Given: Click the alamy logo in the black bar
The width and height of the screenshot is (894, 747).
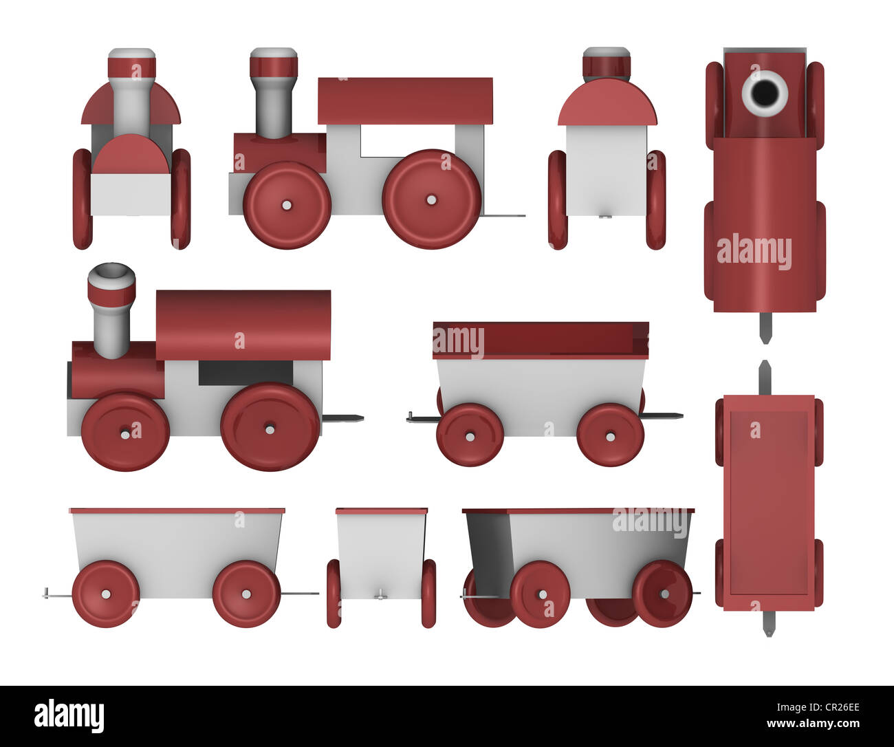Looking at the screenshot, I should click(69, 715).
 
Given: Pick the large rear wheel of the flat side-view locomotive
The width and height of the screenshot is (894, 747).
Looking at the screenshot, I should click(431, 199).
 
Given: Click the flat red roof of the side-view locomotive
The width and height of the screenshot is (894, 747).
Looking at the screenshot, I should click(405, 100).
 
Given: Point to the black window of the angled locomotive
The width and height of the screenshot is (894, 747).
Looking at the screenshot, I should click(246, 373).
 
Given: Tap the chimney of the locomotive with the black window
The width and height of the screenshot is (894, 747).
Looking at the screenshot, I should click(111, 310).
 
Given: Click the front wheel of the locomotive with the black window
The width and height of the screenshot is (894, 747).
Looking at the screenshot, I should click(125, 432).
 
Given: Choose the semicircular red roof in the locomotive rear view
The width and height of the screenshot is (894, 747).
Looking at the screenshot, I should click(607, 103).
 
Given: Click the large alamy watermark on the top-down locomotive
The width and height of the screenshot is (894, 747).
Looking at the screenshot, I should click(754, 251).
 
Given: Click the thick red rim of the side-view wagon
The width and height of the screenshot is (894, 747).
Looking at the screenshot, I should click(541, 340).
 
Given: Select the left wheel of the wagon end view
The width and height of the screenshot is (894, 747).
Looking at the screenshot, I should click(334, 593).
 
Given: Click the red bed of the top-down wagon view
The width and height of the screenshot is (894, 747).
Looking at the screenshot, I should click(768, 502).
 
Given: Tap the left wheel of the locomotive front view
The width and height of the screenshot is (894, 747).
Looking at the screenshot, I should click(82, 199).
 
